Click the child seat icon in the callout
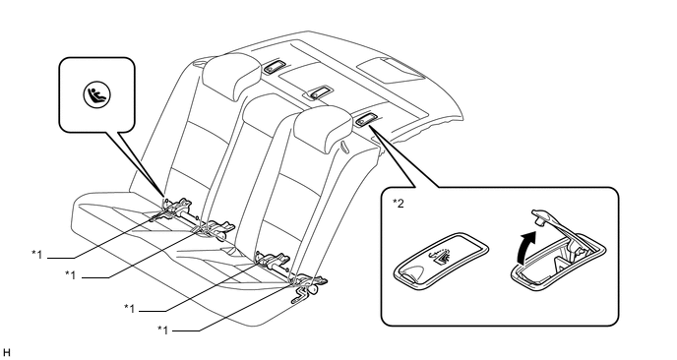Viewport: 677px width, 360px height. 97,95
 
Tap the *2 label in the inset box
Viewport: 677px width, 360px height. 399,204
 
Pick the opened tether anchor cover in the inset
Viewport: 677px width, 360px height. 557,255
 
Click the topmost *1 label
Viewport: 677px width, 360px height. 36,254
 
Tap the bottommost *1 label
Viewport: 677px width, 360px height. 162,330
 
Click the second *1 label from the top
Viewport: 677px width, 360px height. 71,274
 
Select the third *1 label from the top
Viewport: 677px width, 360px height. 130,308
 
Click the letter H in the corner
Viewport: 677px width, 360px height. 6,352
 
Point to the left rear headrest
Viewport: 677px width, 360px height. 231,76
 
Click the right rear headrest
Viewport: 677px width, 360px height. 322,128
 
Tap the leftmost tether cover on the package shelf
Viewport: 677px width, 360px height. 274,66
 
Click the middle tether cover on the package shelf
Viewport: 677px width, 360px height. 318,91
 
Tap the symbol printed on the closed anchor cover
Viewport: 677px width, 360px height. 440,256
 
